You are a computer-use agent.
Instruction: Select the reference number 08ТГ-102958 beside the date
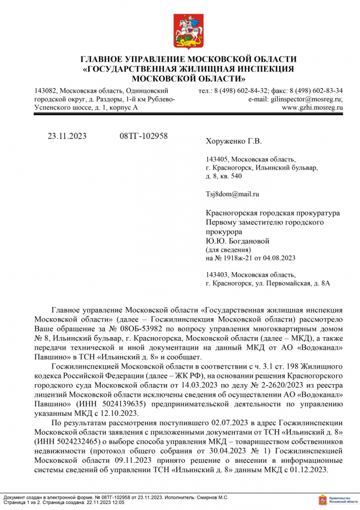pos(143,136)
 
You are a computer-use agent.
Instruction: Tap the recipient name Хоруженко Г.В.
pos(233,141)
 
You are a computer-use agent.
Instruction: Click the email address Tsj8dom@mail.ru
pos(232,194)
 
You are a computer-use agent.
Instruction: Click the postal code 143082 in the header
pos(45,90)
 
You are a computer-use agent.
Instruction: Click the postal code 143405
pos(217,159)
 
